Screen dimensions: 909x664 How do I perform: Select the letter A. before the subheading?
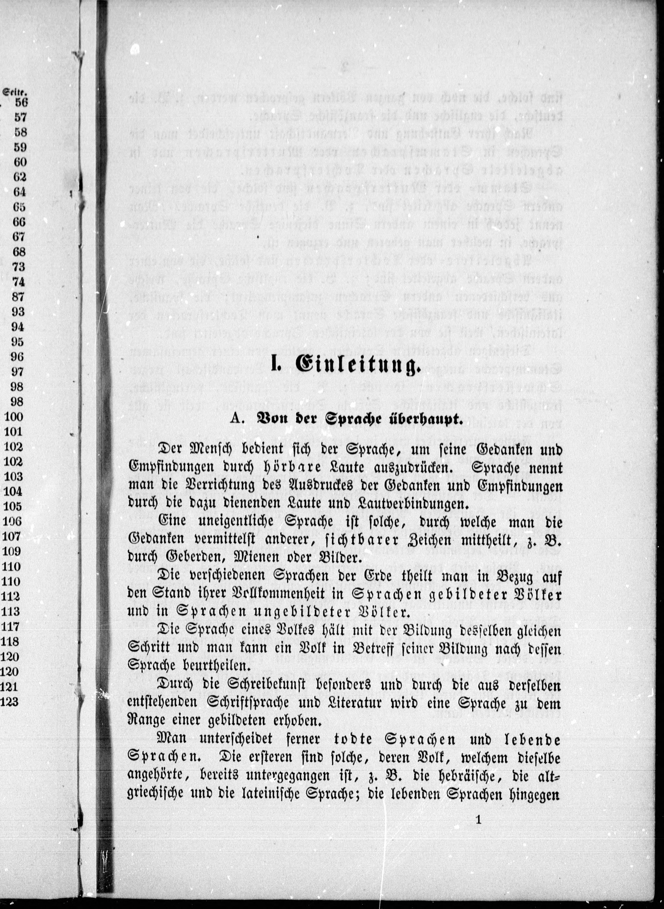237,419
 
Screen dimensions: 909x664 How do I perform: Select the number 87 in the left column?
18,297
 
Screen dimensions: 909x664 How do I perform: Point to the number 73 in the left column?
18,267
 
